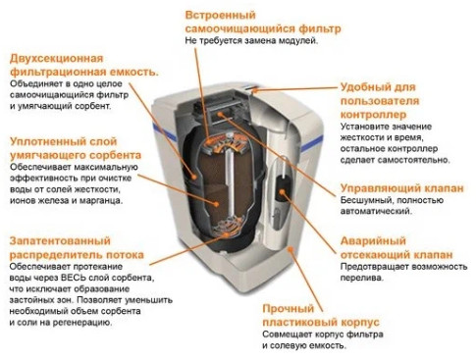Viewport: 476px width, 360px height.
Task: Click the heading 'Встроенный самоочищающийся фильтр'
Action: pyautogui.click(x=262, y=23)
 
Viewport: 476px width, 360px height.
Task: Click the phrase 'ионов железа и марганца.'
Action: pyautogui.click(x=67, y=202)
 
